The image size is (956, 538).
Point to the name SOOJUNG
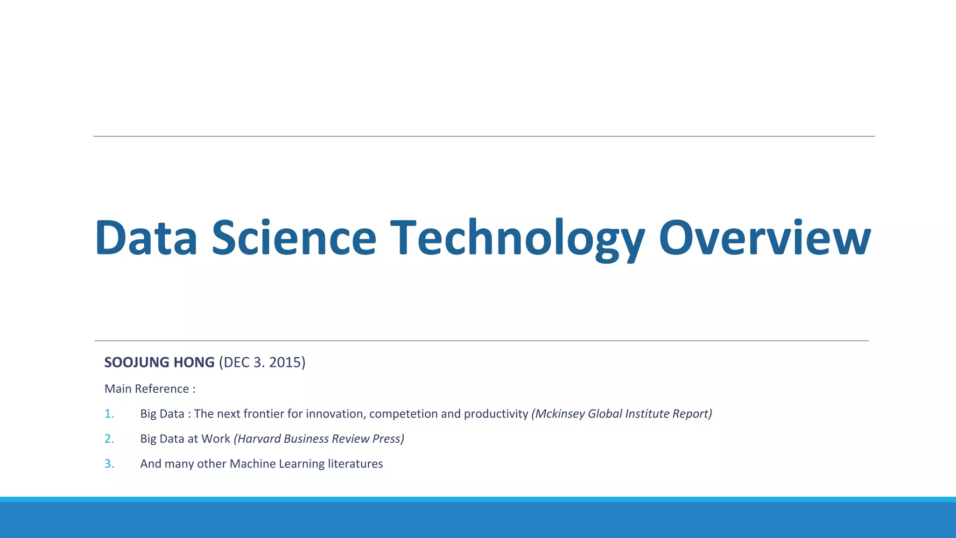(136, 362)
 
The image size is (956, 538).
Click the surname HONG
(194, 362)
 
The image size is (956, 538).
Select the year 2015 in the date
(285, 362)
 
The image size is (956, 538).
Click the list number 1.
(109, 414)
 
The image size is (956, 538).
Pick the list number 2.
(109, 439)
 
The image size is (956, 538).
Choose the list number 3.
(109, 464)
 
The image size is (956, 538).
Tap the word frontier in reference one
(264, 414)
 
